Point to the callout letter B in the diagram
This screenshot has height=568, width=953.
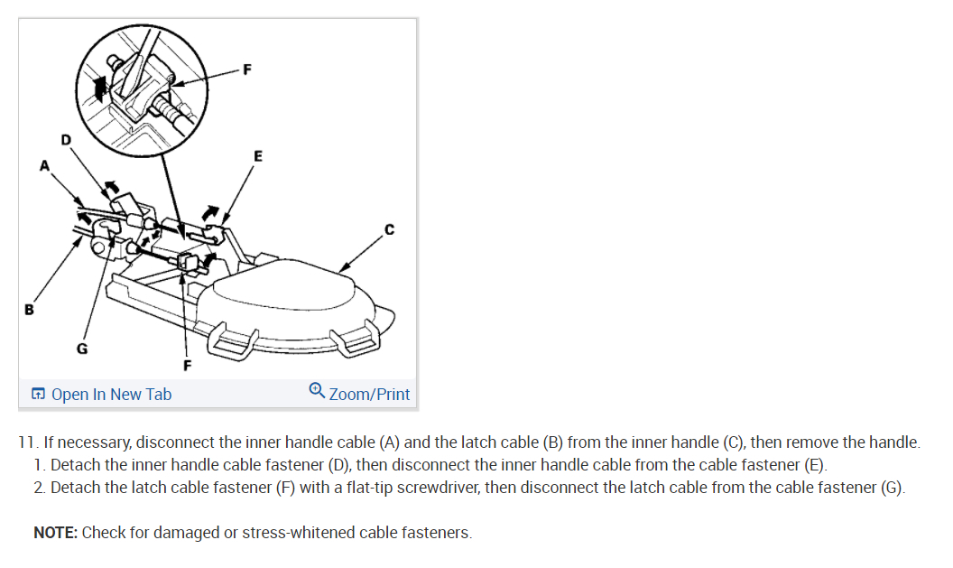[x=29, y=310]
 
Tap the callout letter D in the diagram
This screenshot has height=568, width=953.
[x=64, y=139]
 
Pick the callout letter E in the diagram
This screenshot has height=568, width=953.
[x=258, y=155]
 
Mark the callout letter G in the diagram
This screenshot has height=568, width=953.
[x=81, y=349]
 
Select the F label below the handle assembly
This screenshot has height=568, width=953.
[x=187, y=366]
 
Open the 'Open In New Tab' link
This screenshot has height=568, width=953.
[x=111, y=394]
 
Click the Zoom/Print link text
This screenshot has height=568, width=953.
[x=369, y=394]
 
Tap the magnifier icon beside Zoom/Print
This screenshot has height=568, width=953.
[x=316, y=391]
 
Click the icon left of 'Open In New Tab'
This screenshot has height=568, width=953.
[x=38, y=394]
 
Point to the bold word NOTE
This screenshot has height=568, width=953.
[x=55, y=532]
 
